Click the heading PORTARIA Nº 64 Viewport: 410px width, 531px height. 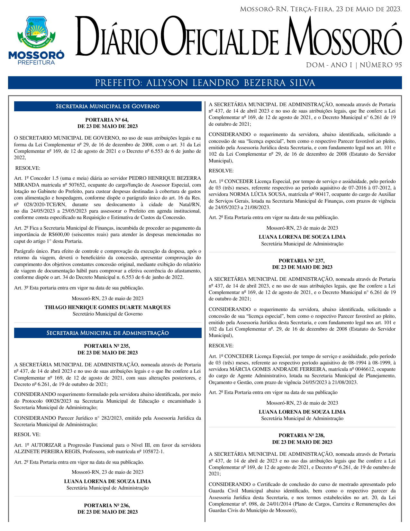pyautogui.click(x=107, y=120)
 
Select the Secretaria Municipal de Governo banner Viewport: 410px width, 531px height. pyautogui.click(x=107, y=106)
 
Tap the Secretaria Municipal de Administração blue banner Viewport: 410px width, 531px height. pyautogui.click(x=107, y=333)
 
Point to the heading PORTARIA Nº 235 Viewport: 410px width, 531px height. pyautogui.click(x=107, y=346)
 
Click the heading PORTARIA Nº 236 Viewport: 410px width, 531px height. pyautogui.click(x=107, y=505)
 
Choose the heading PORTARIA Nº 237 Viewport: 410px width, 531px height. pyautogui.click(x=302, y=261)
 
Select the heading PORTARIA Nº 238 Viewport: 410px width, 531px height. pyautogui.click(x=302, y=435)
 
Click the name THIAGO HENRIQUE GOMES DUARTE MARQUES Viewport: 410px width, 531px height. pyautogui.click(x=107, y=307)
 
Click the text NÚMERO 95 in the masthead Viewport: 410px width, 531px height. pyautogui.click(x=380, y=65)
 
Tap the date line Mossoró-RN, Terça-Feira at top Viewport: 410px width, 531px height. pyautogui.click(x=321, y=9)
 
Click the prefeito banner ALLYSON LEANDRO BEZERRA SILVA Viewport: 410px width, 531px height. pyautogui.click(x=205, y=83)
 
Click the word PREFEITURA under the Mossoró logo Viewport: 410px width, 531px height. pyautogui.click(x=36, y=62)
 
